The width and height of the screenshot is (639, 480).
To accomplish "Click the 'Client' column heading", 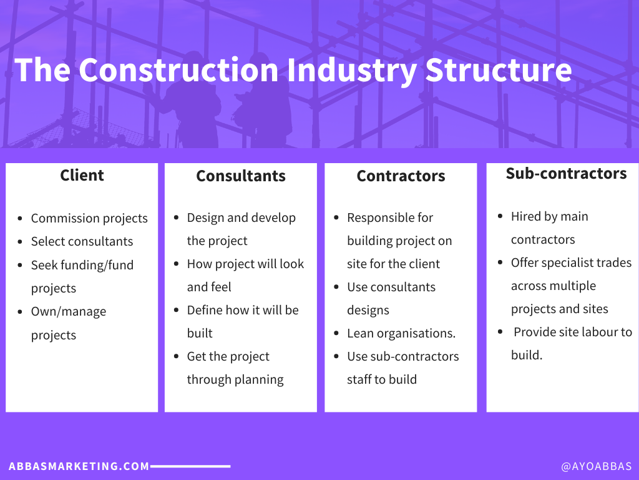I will click(82, 176).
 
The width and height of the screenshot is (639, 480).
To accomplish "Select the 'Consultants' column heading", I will click(241, 176).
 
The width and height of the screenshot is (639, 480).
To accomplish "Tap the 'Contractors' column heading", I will click(401, 176).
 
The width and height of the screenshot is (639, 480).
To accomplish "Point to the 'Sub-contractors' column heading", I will click(566, 173).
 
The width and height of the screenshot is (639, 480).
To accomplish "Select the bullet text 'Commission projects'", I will click(89, 218).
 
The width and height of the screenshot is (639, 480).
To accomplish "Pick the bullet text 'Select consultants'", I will click(82, 241).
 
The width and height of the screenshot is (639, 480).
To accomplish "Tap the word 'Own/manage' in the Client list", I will click(69, 311).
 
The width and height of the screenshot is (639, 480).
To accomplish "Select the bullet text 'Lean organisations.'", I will click(401, 333).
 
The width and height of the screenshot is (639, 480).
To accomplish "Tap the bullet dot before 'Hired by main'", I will click(500, 216).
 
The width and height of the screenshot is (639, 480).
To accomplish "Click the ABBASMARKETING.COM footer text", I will click(79, 466).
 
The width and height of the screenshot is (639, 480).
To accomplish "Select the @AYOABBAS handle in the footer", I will click(596, 466).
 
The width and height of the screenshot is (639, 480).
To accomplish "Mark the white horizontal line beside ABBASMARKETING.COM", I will click(190, 466).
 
